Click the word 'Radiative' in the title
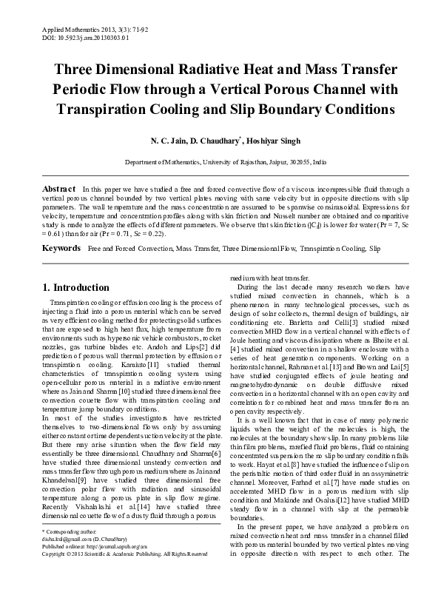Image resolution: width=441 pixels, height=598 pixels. coord(219,71)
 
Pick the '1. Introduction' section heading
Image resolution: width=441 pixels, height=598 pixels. coord(76,287)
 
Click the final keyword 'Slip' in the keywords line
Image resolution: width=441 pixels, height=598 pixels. coord(374,248)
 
